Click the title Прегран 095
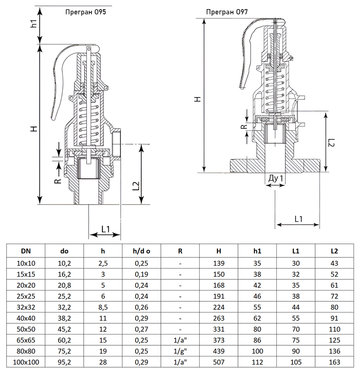click(86, 12)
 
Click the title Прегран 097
click(227, 12)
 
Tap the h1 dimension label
click(34, 23)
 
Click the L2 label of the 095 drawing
click(136, 186)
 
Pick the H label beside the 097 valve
click(197, 99)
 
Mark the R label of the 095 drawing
click(58, 181)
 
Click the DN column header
click(26, 251)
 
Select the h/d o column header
click(141, 251)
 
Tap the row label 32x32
click(26, 307)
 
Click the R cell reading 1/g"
click(180, 351)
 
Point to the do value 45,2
click(64, 329)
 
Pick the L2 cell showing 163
click(334, 362)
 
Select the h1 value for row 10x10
click(257, 263)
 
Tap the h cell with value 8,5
click(103, 307)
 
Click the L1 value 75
click(296, 340)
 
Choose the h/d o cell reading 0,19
click(141, 275)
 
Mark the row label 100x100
click(26, 362)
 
